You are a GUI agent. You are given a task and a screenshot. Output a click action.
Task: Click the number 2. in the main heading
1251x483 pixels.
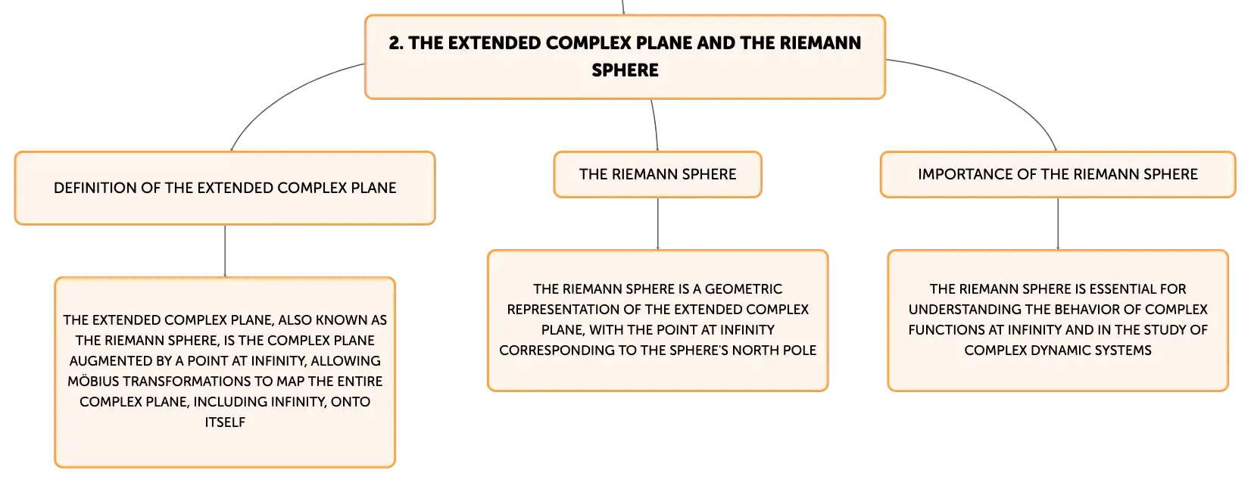pos(396,43)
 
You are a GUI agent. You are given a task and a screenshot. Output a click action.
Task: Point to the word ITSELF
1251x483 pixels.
pos(225,422)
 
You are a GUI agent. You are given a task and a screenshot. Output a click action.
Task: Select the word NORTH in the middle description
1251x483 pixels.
pos(754,350)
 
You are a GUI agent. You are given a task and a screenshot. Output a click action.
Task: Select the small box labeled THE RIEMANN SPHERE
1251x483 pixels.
pos(658,174)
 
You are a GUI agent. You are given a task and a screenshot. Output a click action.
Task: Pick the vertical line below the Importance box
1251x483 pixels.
pos(1058,223)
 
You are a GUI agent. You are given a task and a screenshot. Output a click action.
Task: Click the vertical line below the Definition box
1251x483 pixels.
pos(225,251)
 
